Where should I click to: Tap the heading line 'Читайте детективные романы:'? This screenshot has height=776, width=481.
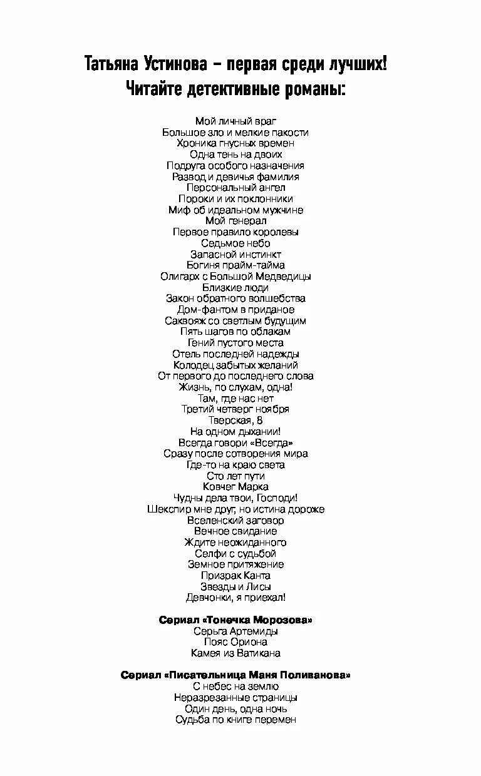coord(235,88)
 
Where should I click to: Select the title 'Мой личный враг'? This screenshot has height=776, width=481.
coord(235,121)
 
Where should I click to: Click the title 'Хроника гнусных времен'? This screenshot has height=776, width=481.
coord(235,143)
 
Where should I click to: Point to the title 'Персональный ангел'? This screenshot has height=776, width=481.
coord(235,188)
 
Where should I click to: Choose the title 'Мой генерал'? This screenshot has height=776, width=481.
coord(235,221)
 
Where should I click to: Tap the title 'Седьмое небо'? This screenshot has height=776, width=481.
coord(235,243)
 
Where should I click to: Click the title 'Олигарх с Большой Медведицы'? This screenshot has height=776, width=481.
coord(235,276)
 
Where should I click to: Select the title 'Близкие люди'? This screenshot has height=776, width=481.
coord(235,287)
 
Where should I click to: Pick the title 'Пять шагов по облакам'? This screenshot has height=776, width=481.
coord(235,332)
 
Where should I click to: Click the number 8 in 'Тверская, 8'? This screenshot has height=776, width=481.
coord(259,421)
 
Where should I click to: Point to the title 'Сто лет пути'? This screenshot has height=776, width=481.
coord(235,476)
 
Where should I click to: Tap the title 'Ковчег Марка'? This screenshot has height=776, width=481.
coord(235,487)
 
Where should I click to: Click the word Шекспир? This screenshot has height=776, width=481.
coord(168,509)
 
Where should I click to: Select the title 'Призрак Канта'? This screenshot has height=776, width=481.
coord(235,576)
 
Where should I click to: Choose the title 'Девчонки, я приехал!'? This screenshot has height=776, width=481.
coord(235,598)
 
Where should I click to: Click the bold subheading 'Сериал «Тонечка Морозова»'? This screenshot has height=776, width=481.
coord(235,620)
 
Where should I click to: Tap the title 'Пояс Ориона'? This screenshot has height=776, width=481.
coord(235,642)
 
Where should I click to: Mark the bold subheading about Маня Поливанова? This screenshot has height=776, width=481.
coord(235,675)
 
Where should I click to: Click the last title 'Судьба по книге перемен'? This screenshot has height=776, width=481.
coord(235,720)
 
